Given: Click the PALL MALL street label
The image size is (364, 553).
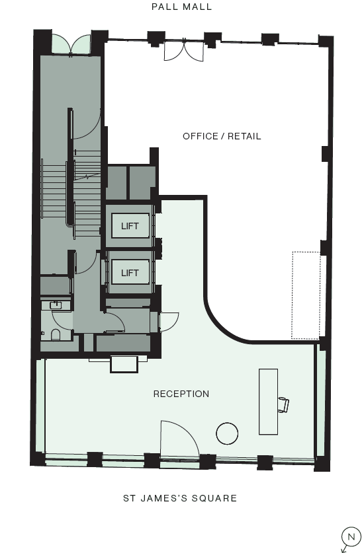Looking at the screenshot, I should pyautogui.click(x=182, y=7).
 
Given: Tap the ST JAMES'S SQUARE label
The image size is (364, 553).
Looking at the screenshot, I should pyautogui.click(x=180, y=498).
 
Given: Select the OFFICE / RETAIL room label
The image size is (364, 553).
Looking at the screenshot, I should pyautogui.click(x=222, y=136).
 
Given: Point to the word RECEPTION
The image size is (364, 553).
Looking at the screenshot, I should pyautogui.click(x=181, y=394).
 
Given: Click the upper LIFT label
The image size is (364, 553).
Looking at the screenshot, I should pyautogui.click(x=130, y=226).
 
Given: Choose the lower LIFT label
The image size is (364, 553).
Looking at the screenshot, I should pyautogui.click(x=130, y=272).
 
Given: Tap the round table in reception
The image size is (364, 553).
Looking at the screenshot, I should pyautogui.click(x=227, y=433).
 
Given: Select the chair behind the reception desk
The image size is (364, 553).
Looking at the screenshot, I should pyautogui.click(x=283, y=404).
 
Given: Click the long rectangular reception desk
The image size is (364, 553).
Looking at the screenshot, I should pyautogui.click(x=268, y=401).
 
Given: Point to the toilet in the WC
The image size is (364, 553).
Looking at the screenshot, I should pyautogui.click(x=56, y=336).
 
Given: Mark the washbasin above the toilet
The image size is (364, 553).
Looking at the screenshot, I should pyautogui.click(x=56, y=305).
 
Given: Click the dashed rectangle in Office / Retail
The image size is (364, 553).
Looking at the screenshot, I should pyautogui.click(x=306, y=295).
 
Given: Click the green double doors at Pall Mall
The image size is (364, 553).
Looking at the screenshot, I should pyautogui.click(x=71, y=44).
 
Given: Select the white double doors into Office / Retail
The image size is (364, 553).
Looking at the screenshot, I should pyautogui.click(x=185, y=50).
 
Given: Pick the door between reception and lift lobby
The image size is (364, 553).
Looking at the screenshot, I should pyautogui.click(x=167, y=321).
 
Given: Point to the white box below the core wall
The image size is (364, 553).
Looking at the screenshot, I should pyautogui.click(x=124, y=364).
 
